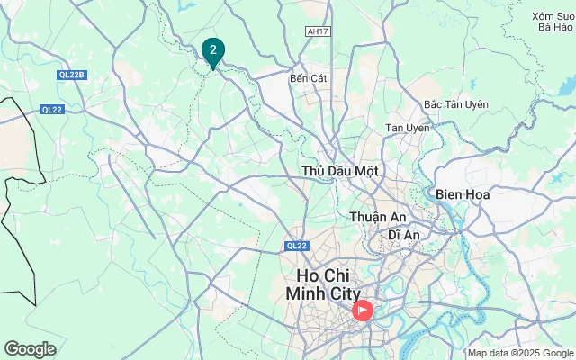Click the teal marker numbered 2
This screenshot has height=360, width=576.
click(x=213, y=50)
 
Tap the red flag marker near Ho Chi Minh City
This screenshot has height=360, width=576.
click(x=362, y=310)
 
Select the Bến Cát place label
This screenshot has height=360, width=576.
click(x=308, y=78)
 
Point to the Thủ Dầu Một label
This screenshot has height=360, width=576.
click(x=340, y=170)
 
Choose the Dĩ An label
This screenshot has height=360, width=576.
click(x=405, y=235)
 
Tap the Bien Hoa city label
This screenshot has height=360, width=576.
click(x=462, y=194)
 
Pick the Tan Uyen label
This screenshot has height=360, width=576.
click(x=408, y=128)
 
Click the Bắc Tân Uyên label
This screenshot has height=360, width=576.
click(x=455, y=104)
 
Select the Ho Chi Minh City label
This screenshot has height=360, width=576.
click(x=323, y=283)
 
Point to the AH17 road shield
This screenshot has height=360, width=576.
click(x=318, y=31)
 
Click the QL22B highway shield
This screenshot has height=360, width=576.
click(x=71, y=75)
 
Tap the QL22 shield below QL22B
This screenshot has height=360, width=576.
click(x=52, y=110)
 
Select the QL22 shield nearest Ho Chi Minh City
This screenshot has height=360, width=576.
click(x=297, y=246)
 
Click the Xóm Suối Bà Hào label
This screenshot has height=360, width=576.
click(x=553, y=22)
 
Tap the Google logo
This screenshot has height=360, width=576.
click(x=30, y=349)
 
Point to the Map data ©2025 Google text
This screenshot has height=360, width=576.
click(x=520, y=353)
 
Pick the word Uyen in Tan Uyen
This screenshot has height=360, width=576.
click(x=418, y=128)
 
